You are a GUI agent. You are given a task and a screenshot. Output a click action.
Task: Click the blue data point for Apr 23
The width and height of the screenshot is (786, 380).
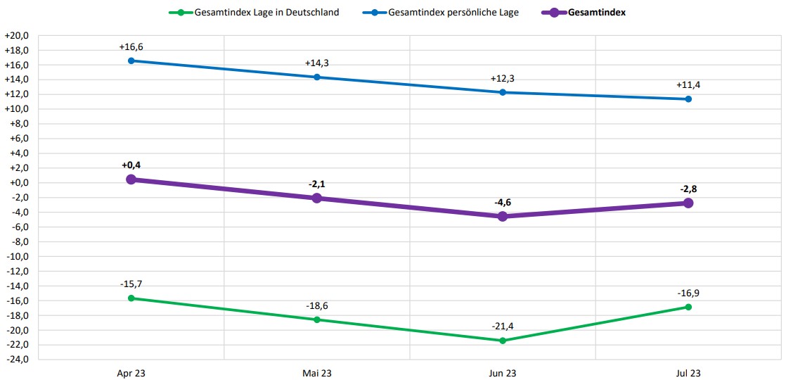click(x=131, y=61)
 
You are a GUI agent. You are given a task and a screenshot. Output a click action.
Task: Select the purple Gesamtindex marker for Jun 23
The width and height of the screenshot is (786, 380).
click(x=503, y=217)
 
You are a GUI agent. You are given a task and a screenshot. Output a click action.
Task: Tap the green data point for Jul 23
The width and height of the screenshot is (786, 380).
click(x=688, y=307)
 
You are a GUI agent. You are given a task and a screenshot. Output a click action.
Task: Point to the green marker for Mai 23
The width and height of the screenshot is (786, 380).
click(x=316, y=319)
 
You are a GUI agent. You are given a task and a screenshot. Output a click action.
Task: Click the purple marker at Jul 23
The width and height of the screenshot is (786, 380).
click(x=688, y=203)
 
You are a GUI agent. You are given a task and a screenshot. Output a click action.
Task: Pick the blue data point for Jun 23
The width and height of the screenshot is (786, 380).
click(x=503, y=92)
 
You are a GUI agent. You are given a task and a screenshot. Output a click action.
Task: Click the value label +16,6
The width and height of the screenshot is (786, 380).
click(x=131, y=47)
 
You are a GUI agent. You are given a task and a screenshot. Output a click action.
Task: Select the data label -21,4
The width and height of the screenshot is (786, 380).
click(x=503, y=327)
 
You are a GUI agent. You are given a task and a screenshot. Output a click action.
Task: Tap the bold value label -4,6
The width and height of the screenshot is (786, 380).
click(x=503, y=203)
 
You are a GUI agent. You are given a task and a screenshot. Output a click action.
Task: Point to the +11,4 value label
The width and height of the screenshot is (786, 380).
click(x=688, y=85)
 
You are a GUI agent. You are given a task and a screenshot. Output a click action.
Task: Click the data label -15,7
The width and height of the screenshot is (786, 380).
click(x=131, y=284)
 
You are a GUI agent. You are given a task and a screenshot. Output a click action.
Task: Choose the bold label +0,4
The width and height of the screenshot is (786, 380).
click(x=131, y=165)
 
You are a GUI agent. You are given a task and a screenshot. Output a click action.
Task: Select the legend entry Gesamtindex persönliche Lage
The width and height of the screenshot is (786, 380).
click(x=453, y=12)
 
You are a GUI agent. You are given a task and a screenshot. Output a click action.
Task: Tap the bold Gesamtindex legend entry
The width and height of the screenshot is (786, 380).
click(x=596, y=12)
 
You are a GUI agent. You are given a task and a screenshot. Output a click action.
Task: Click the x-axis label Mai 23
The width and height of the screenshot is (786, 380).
click(x=316, y=372)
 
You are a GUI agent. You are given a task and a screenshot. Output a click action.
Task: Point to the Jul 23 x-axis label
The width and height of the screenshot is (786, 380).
click(x=688, y=372)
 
